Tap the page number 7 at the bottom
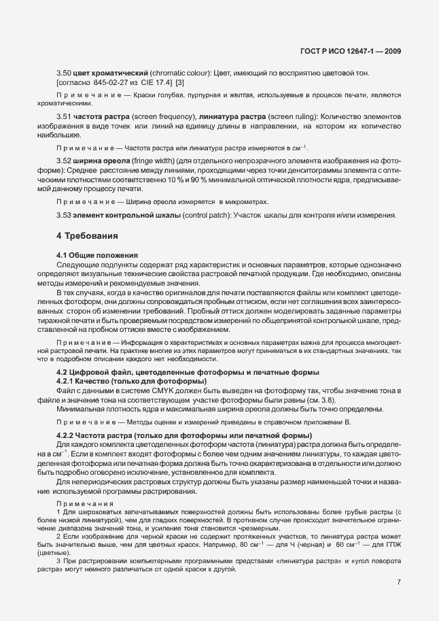tap(399, 582)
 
